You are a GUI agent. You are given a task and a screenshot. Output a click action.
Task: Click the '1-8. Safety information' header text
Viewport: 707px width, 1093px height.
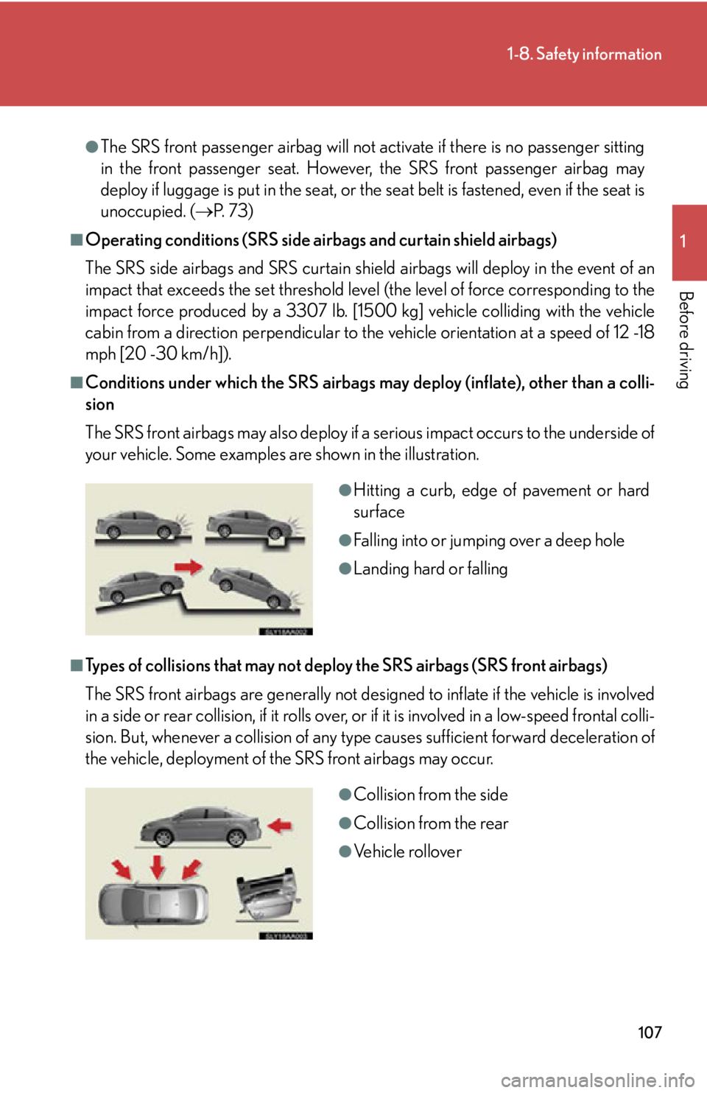[x=584, y=54]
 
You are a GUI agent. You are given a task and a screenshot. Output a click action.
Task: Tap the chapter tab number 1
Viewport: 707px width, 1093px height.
[x=683, y=242]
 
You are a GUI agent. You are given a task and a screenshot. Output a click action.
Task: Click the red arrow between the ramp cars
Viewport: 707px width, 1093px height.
[x=189, y=566]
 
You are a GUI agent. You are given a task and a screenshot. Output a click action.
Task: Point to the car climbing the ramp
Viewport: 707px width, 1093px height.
[x=141, y=586]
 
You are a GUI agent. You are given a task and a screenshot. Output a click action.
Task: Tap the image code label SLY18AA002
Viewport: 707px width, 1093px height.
[x=286, y=631]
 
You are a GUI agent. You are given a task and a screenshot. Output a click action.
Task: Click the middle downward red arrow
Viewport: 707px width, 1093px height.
[x=157, y=867]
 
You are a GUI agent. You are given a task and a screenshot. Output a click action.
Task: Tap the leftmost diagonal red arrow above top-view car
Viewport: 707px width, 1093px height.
[x=122, y=868]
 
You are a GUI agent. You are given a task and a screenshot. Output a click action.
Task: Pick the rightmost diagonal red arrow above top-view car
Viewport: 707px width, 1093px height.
[x=191, y=869]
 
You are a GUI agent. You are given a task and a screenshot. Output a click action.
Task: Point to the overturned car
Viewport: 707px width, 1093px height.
[x=267, y=895]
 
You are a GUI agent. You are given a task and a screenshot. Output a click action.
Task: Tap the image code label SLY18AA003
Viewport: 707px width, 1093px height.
[x=286, y=935]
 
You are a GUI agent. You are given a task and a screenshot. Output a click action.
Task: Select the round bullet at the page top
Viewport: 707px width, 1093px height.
[x=92, y=147]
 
